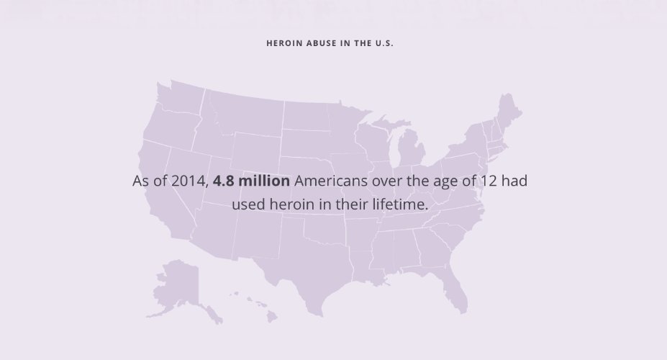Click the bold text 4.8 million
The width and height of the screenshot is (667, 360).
pyautogui.click(x=252, y=181)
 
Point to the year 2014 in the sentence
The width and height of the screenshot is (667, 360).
pyautogui.click(x=189, y=181)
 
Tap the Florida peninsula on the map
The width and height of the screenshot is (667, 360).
pyautogui.click(x=453, y=288)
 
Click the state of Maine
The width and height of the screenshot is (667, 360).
pyautogui.click(x=509, y=112)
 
